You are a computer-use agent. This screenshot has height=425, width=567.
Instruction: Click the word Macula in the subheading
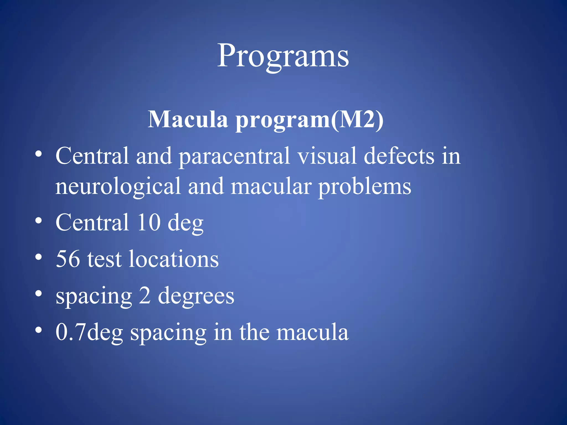[x=188, y=120]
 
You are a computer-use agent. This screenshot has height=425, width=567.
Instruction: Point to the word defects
[x=399, y=156]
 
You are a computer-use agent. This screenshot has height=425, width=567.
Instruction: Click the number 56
[x=68, y=259]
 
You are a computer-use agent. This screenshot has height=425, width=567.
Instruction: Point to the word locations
[x=174, y=259]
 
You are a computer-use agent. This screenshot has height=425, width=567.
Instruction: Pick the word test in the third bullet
[x=104, y=260]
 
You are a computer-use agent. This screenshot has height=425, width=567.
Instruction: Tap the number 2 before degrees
[x=145, y=296]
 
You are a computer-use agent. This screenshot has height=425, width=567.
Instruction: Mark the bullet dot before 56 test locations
[x=38, y=257]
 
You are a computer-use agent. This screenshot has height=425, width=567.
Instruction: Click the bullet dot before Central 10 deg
[x=38, y=221]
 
